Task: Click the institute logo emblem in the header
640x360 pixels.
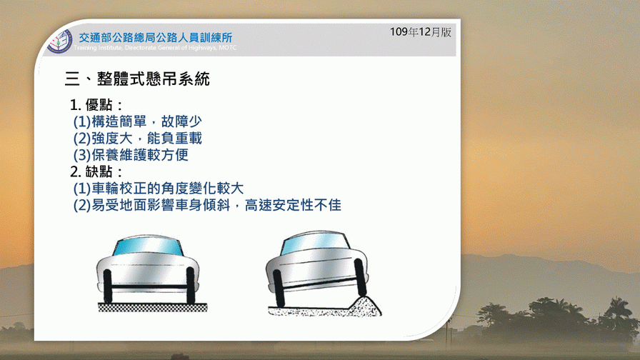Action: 59,41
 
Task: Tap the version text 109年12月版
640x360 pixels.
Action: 421,32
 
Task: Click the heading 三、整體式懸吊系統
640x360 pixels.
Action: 137,79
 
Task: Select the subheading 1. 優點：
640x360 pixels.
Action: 96,105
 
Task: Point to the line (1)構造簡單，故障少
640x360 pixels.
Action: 138,121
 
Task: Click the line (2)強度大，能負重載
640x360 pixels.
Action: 138,139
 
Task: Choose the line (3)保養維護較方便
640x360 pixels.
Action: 131,155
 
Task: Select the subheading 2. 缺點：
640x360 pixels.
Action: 96,172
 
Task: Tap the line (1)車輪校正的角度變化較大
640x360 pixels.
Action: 159,189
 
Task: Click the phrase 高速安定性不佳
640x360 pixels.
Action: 293,205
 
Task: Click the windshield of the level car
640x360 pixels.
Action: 147,247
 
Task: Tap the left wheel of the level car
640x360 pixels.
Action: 108,286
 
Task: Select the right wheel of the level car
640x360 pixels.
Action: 190,285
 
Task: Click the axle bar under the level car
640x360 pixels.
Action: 149,287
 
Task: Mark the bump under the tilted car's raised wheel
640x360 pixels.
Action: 364,306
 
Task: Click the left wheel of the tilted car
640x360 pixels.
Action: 279,288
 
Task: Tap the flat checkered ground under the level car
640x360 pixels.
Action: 153,307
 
